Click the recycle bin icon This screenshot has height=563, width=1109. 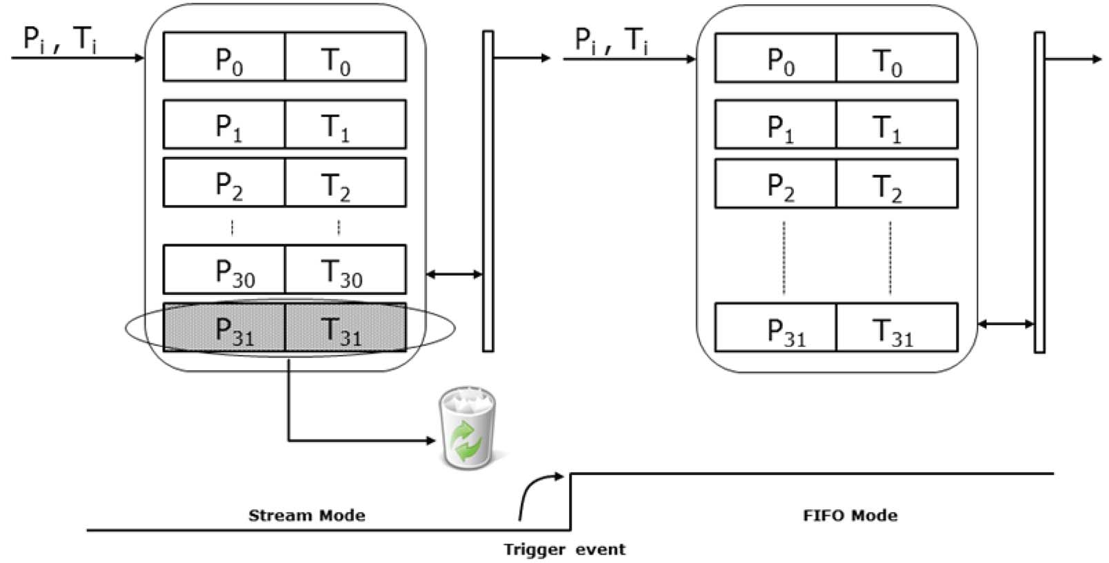pyautogui.click(x=467, y=428)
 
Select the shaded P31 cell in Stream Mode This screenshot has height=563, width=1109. pyautogui.click(x=224, y=328)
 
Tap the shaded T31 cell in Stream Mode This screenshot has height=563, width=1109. pyautogui.click(x=345, y=328)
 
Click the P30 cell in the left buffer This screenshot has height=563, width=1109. pyautogui.click(x=224, y=269)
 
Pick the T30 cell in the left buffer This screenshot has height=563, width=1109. pyautogui.click(x=345, y=269)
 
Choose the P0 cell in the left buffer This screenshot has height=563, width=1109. pyautogui.click(x=224, y=57)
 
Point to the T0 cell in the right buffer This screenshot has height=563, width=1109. pyautogui.click(x=897, y=59)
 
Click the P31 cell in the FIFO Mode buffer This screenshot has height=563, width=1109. pyautogui.click(x=776, y=328)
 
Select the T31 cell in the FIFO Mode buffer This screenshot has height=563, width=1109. pyautogui.click(x=897, y=328)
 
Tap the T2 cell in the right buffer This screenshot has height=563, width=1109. pyautogui.click(x=897, y=184)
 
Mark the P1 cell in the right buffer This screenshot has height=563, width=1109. pyautogui.click(x=776, y=125)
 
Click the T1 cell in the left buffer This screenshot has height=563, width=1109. pyautogui.click(x=345, y=124)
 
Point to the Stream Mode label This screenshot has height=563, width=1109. pyautogui.click(x=306, y=515)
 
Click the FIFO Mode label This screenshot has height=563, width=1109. pyautogui.click(x=850, y=515)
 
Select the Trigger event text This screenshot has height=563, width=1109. pyautogui.click(x=564, y=550)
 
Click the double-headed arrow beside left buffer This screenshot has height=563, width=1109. pyautogui.click(x=454, y=275)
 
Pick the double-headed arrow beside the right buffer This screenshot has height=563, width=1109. pyautogui.click(x=1006, y=324)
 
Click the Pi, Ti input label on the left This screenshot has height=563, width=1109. pyautogui.click(x=60, y=40)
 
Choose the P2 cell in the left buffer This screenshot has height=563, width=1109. pyautogui.click(x=224, y=183)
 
